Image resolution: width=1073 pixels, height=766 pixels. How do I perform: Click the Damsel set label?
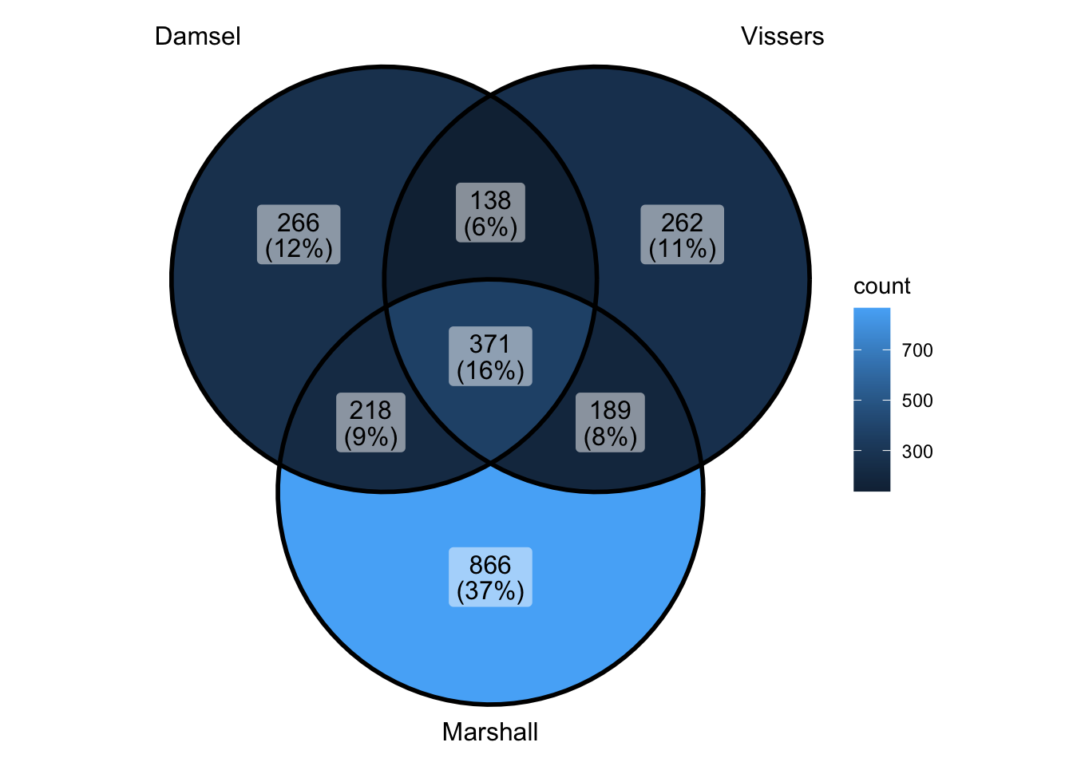[x=197, y=37]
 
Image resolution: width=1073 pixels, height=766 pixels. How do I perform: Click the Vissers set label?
[x=782, y=37]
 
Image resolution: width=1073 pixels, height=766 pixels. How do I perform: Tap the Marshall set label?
[x=490, y=732]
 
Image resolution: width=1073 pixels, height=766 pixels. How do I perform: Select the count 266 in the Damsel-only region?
[x=299, y=223]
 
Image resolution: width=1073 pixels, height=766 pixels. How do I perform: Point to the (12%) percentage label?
[x=299, y=249]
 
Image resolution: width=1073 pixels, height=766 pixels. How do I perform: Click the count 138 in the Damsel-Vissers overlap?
[x=490, y=200]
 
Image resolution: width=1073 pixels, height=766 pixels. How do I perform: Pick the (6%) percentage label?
[x=490, y=227]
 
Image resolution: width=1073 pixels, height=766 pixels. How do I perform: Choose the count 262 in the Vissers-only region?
[x=682, y=223]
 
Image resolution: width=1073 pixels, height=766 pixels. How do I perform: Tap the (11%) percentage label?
[x=682, y=249]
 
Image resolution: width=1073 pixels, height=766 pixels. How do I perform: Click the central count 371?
[x=490, y=344]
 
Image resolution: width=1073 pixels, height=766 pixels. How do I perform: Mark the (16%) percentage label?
[x=490, y=370]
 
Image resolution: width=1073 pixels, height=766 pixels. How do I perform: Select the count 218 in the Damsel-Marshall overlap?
[x=370, y=410]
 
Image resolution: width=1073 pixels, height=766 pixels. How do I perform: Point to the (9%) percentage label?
[x=370, y=436]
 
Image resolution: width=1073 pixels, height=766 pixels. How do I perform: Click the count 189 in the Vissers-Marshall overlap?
[x=610, y=410]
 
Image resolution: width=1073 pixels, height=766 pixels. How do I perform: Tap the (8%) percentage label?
[x=610, y=436]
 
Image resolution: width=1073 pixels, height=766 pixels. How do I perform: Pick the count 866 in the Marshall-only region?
[x=490, y=565]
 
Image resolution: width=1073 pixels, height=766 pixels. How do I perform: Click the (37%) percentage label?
[x=490, y=591]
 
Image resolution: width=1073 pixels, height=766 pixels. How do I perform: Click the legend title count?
[x=881, y=286]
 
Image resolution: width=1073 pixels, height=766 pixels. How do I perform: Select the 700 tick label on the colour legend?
[x=917, y=350]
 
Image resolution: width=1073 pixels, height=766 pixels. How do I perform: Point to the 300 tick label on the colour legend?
[x=917, y=452]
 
